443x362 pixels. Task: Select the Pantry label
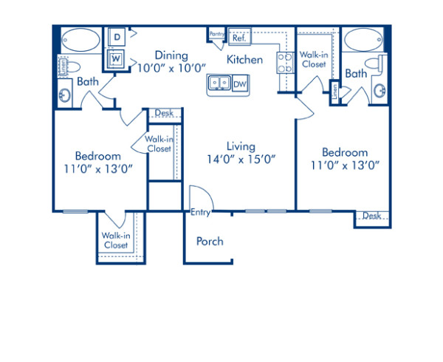pyautogui.click(x=216, y=34)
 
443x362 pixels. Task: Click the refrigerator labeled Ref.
pyautogui.click(x=238, y=37)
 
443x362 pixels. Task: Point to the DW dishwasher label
pyautogui.click(x=239, y=85)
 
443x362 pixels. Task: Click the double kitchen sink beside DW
pyautogui.click(x=219, y=84)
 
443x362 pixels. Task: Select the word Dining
pyautogui.click(x=171, y=55)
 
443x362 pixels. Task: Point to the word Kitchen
pyautogui.click(x=244, y=59)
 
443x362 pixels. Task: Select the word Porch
pyautogui.click(x=210, y=241)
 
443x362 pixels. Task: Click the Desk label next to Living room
pyautogui.click(x=164, y=113)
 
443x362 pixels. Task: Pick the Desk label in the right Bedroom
pyautogui.click(x=371, y=216)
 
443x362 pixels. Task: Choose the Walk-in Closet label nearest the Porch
pyautogui.click(x=116, y=240)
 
